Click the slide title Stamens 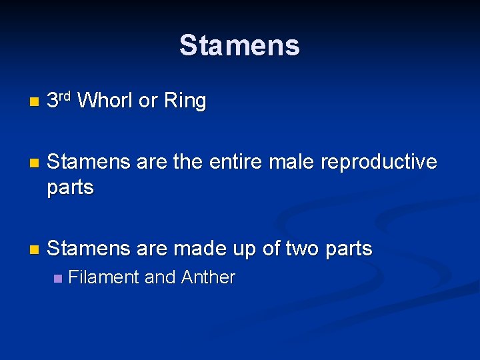pos(239,45)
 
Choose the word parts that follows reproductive pos(70,188)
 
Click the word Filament pos(103,277)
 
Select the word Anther pos(208,277)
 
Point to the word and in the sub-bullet pos(159,277)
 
